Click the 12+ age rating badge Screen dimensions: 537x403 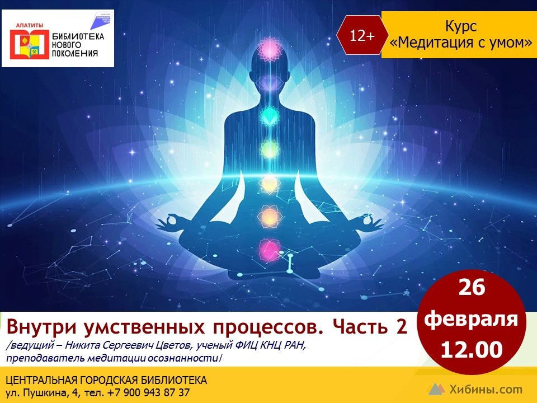pos(362,35)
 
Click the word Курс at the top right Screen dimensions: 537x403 pos(461,26)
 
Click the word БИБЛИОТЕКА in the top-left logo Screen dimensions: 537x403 pos(78,36)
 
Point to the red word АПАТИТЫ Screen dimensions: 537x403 pos(30,25)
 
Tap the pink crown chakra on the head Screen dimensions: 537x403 pos(270,49)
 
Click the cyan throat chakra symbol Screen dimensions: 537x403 pos(270,115)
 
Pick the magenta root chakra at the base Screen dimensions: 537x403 pos(269,250)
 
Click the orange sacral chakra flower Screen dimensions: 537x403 pos(270,216)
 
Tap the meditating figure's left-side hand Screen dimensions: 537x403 pos(169,222)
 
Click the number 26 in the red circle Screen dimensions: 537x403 pos(472,287)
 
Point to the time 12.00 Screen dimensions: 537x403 pos(472,350)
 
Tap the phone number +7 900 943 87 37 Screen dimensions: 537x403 pos(148,392)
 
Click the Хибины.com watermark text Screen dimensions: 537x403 pos(486,390)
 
